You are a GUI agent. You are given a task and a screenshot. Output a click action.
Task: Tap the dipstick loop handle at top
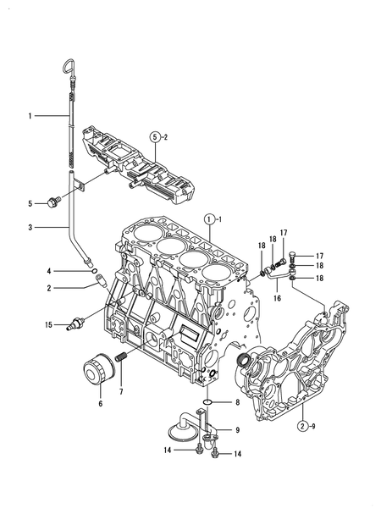click(x=70, y=67)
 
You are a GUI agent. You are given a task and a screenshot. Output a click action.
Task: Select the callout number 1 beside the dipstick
click(x=30, y=113)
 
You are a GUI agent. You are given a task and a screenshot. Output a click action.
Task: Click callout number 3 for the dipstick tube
click(x=30, y=228)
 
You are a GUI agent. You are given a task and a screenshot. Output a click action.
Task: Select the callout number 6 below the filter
click(x=100, y=404)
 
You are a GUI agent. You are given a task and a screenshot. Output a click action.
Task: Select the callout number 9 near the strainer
click(x=238, y=430)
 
